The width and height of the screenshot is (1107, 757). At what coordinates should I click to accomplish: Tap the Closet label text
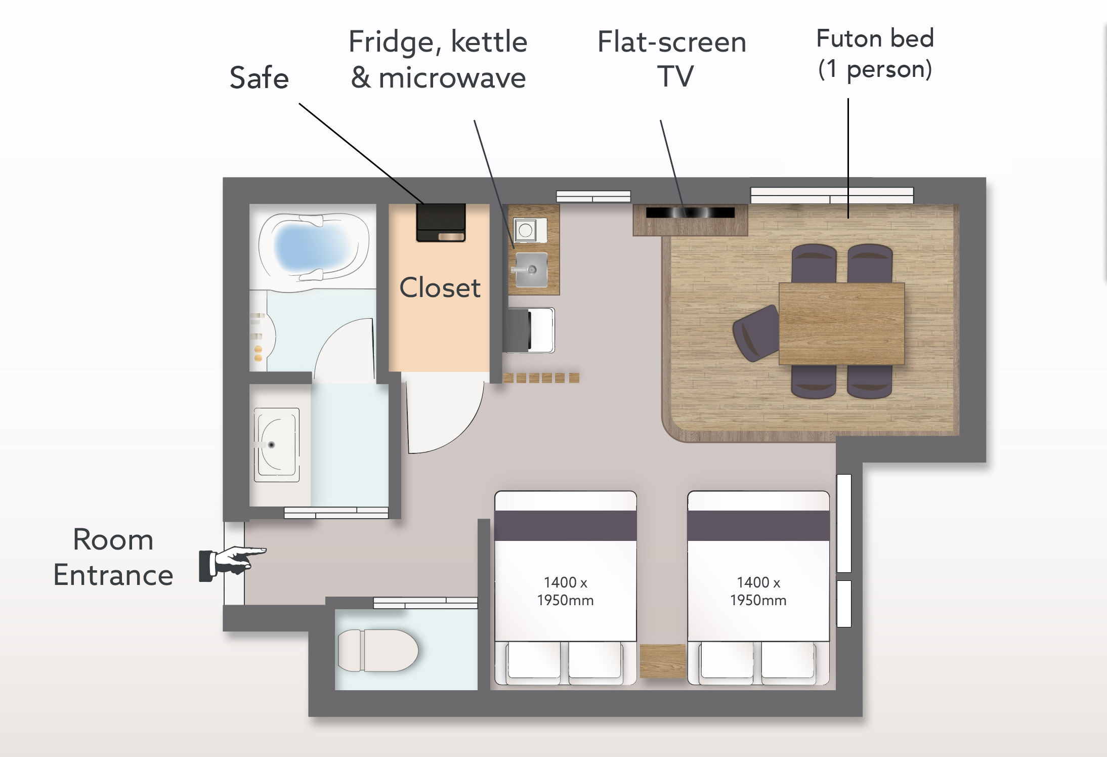click(x=440, y=287)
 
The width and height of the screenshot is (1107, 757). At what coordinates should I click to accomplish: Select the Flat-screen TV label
click(x=672, y=59)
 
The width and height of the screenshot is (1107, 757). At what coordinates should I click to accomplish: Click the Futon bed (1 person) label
click(x=875, y=54)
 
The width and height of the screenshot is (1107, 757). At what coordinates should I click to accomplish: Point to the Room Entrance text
click(x=113, y=557)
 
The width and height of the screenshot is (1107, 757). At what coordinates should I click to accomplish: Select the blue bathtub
click(x=314, y=247)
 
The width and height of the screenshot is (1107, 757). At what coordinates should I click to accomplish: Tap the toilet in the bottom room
click(x=377, y=651)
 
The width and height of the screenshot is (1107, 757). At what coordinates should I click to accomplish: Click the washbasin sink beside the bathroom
click(x=276, y=445)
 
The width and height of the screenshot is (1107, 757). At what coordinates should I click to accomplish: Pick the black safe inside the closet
click(x=441, y=223)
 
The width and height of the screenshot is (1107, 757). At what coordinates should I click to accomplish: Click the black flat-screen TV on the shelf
click(x=690, y=213)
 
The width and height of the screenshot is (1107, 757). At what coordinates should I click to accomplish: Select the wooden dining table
click(x=841, y=324)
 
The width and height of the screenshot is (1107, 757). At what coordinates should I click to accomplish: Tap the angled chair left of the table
click(x=756, y=333)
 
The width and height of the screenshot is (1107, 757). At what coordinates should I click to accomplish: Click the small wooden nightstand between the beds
click(x=662, y=661)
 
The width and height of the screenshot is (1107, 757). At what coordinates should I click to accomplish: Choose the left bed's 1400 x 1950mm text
click(x=565, y=591)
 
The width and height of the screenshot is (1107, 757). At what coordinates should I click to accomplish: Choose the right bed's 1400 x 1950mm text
click(x=758, y=591)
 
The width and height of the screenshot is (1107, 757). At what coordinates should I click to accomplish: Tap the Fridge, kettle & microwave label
click(x=438, y=60)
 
